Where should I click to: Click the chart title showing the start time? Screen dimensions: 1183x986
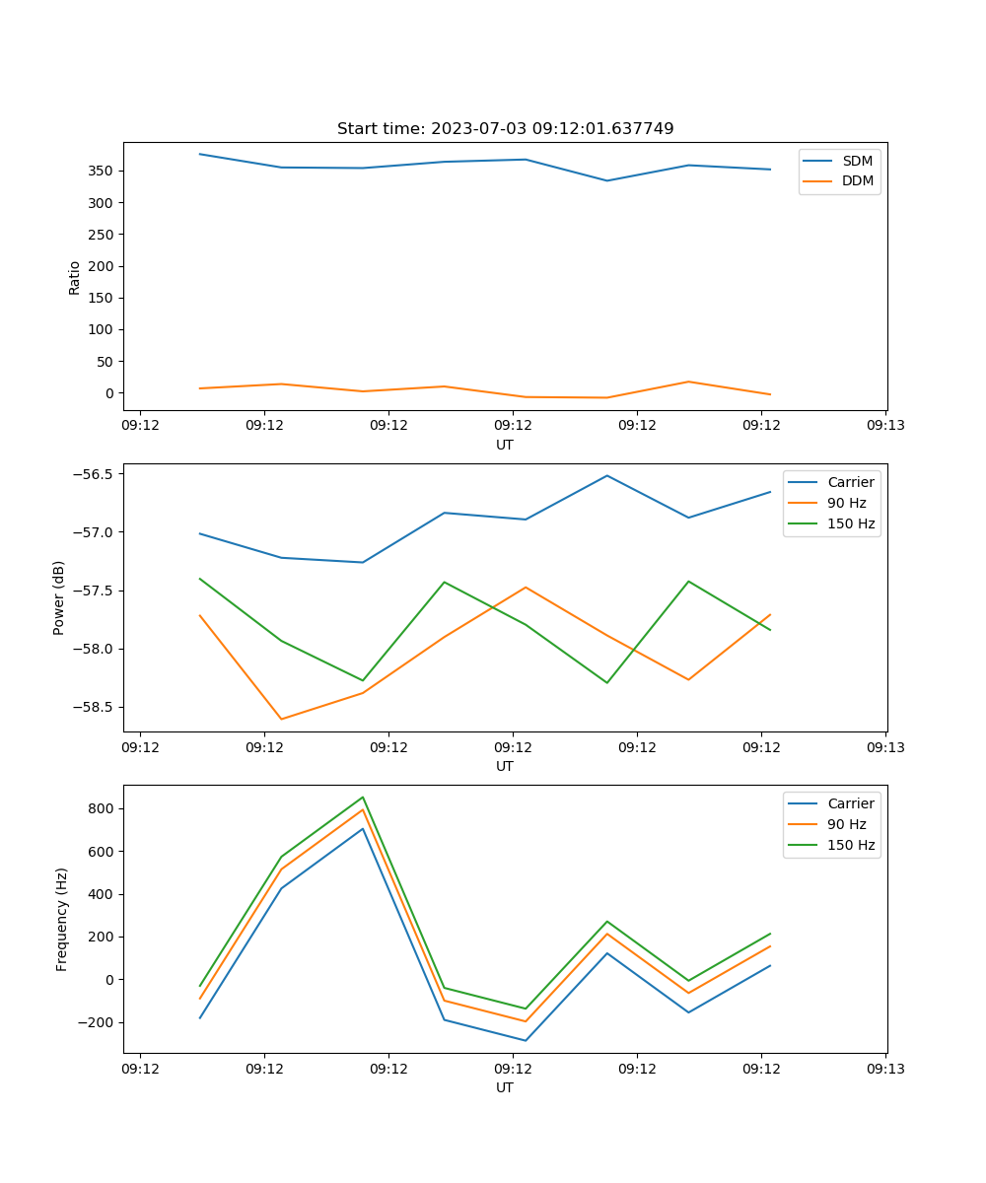pos(505,129)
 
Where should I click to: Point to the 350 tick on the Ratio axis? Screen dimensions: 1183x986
pos(103,171)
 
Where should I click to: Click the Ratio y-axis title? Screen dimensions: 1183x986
pos(74,277)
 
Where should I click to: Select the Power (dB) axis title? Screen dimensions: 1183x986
pos(59,597)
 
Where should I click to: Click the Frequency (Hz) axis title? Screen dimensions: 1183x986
pos(61,919)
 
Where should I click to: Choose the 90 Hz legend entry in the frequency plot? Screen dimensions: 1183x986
pos(846,824)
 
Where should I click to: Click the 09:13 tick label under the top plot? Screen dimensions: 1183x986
pos(885,426)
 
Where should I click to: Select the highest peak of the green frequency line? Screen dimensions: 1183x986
pos(363,798)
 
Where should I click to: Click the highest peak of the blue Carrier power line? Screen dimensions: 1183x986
pos(607,475)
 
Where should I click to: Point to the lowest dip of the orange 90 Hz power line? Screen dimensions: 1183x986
pos(281,719)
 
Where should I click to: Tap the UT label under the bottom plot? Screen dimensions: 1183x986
pos(505,1087)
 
